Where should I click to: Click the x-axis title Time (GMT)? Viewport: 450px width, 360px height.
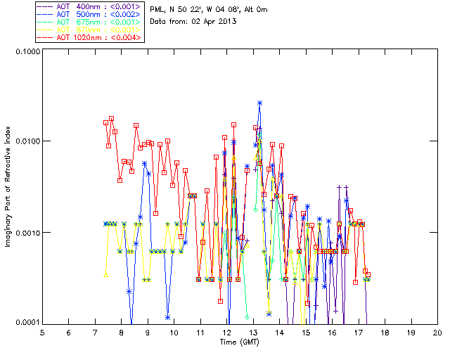[x=240, y=342]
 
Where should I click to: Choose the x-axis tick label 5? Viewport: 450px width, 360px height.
[x=42, y=332]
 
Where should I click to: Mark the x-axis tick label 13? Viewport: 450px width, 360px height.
[x=253, y=332]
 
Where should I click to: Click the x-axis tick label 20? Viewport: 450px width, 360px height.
[x=437, y=332]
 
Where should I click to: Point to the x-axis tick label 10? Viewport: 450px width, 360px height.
[x=174, y=332]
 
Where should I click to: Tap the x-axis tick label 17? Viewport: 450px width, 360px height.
[x=359, y=332]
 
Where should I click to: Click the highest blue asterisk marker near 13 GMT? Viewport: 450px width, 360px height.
[x=259, y=103]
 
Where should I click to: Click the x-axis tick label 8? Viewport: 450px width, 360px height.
[x=121, y=332]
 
